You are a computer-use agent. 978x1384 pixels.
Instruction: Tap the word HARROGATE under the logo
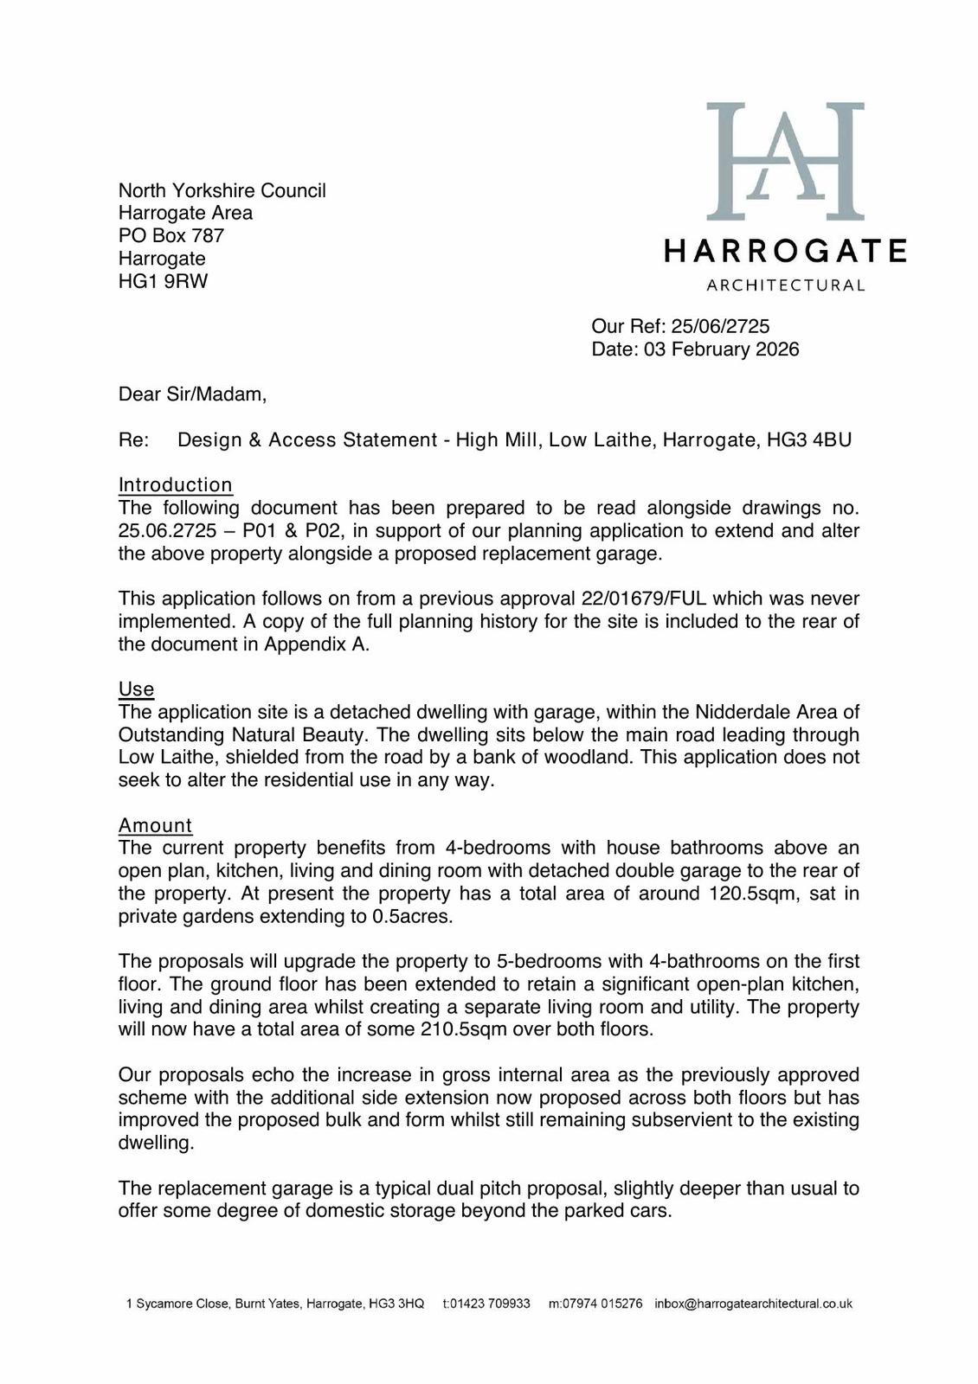[785, 251]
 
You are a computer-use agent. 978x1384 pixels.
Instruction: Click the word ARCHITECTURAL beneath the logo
[785, 285]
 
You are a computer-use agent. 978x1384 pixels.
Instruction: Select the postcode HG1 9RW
[163, 281]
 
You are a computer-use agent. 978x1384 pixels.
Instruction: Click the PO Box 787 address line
[171, 235]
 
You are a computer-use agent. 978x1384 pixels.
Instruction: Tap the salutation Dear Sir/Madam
[192, 394]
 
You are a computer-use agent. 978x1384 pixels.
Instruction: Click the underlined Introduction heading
[176, 485]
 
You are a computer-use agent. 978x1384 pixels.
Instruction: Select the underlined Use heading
[136, 689]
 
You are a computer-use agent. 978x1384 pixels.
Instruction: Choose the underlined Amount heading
[155, 825]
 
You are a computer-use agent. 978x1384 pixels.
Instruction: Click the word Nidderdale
[741, 712]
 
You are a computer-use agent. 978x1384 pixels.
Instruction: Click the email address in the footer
[753, 1304]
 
